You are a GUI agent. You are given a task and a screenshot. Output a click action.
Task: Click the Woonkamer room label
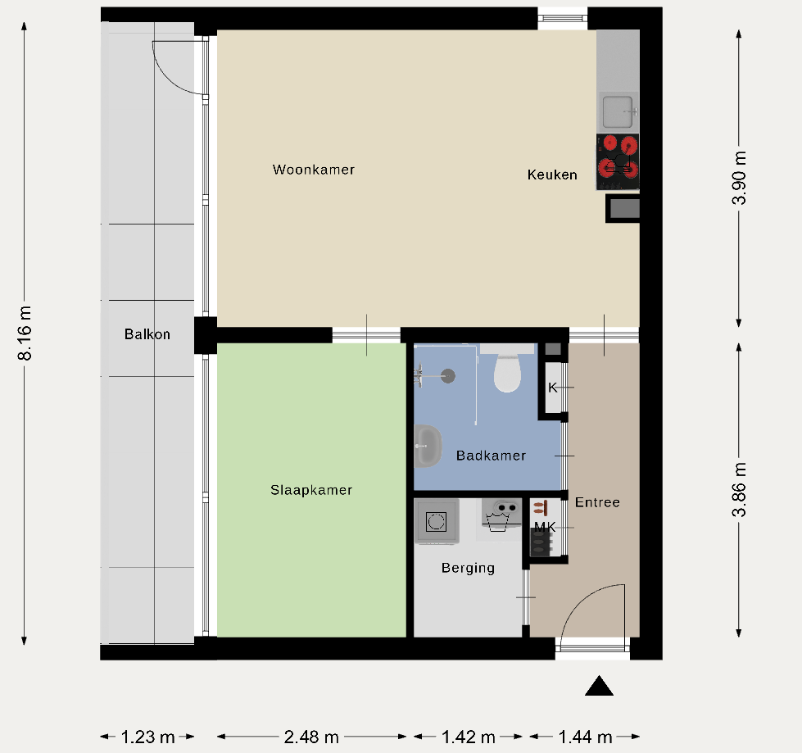[x=314, y=170]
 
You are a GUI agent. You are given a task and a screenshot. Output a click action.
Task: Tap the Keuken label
[x=552, y=175]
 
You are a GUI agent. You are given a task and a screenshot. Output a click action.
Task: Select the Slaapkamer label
[x=311, y=490]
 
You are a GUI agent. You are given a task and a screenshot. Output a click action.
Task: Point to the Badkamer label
[x=491, y=456]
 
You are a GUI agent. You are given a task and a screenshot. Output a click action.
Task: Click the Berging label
[x=468, y=568]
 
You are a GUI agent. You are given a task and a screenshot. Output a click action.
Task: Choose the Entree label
[x=597, y=502]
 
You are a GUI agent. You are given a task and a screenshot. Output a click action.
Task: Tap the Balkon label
[x=147, y=334]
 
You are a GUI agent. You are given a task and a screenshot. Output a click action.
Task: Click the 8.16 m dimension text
[x=25, y=333]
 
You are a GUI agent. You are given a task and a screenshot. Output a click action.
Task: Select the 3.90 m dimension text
[x=739, y=178]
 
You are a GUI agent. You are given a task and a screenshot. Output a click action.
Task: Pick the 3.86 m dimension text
[x=739, y=489]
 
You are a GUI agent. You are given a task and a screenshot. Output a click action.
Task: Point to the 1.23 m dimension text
[x=147, y=737]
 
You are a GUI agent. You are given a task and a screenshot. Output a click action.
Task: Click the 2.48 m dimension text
[x=311, y=737]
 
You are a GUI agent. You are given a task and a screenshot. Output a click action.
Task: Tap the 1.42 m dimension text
[x=468, y=737]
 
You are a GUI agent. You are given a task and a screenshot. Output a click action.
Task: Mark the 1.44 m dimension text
[x=585, y=737]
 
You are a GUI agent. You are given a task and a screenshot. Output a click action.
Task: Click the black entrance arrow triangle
[x=599, y=686]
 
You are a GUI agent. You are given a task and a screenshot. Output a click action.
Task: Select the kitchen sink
[x=618, y=112]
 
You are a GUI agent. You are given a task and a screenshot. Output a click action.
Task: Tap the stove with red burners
[x=618, y=161]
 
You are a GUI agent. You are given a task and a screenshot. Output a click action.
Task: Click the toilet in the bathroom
[x=507, y=369]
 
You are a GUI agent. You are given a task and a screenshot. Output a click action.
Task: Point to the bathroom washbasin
[x=428, y=446]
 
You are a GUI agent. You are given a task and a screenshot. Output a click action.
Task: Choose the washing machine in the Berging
[x=437, y=521]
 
